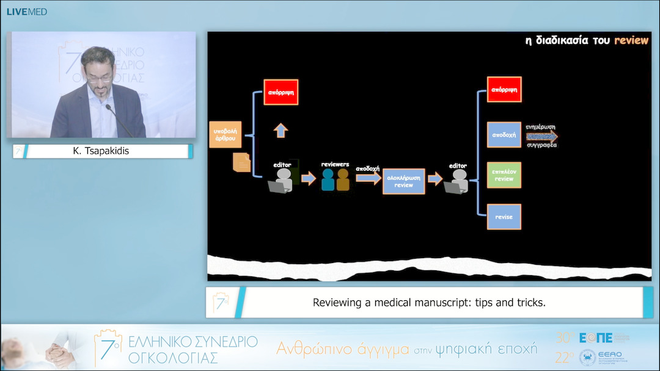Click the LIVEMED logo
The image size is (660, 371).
tap(26, 12)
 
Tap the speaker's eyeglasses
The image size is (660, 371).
tap(100, 78)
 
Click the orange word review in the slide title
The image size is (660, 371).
tap(631, 40)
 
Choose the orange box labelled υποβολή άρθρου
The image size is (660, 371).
tap(226, 134)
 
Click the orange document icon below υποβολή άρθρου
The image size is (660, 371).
tap(242, 162)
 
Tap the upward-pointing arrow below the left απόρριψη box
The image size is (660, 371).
tap(280, 130)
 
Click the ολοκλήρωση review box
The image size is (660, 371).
tap(403, 181)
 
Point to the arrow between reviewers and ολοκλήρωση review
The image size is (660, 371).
tap(369, 178)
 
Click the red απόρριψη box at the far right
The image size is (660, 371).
tap(504, 89)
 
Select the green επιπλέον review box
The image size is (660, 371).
tap(504, 175)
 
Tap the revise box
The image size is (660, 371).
tap(504, 217)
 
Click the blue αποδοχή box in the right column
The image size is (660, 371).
tap(504, 134)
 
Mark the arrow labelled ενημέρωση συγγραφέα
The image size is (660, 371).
tap(542, 136)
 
